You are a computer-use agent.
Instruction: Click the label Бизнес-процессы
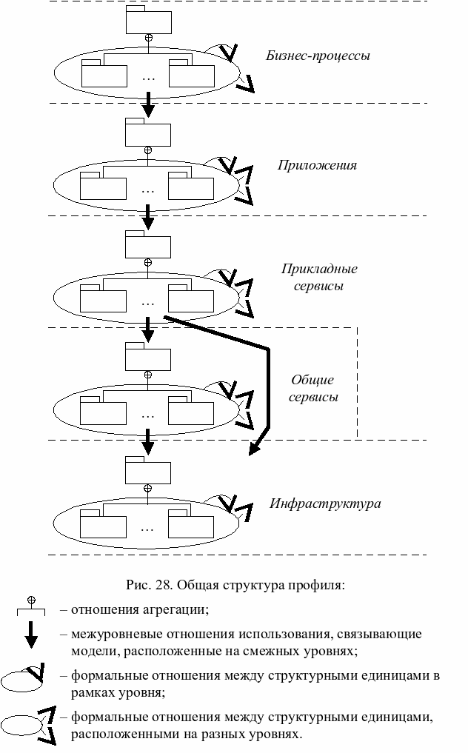click(x=318, y=56)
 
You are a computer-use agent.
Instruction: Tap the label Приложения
click(x=317, y=165)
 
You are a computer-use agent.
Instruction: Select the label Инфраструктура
click(x=325, y=504)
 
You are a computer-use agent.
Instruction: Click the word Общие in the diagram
click(x=312, y=380)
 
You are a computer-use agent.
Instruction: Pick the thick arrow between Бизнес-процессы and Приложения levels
click(x=148, y=104)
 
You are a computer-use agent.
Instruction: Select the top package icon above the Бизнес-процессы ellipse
click(x=147, y=21)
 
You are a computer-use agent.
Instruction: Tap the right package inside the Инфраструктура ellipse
click(x=190, y=525)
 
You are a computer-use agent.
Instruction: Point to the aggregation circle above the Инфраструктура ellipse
click(x=148, y=489)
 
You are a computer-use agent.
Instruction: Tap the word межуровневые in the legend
click(x=111, y=635)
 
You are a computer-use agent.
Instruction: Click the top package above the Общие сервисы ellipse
click(x=147, y=356)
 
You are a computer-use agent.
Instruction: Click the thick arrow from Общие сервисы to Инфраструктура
click(x=148, y=443)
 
